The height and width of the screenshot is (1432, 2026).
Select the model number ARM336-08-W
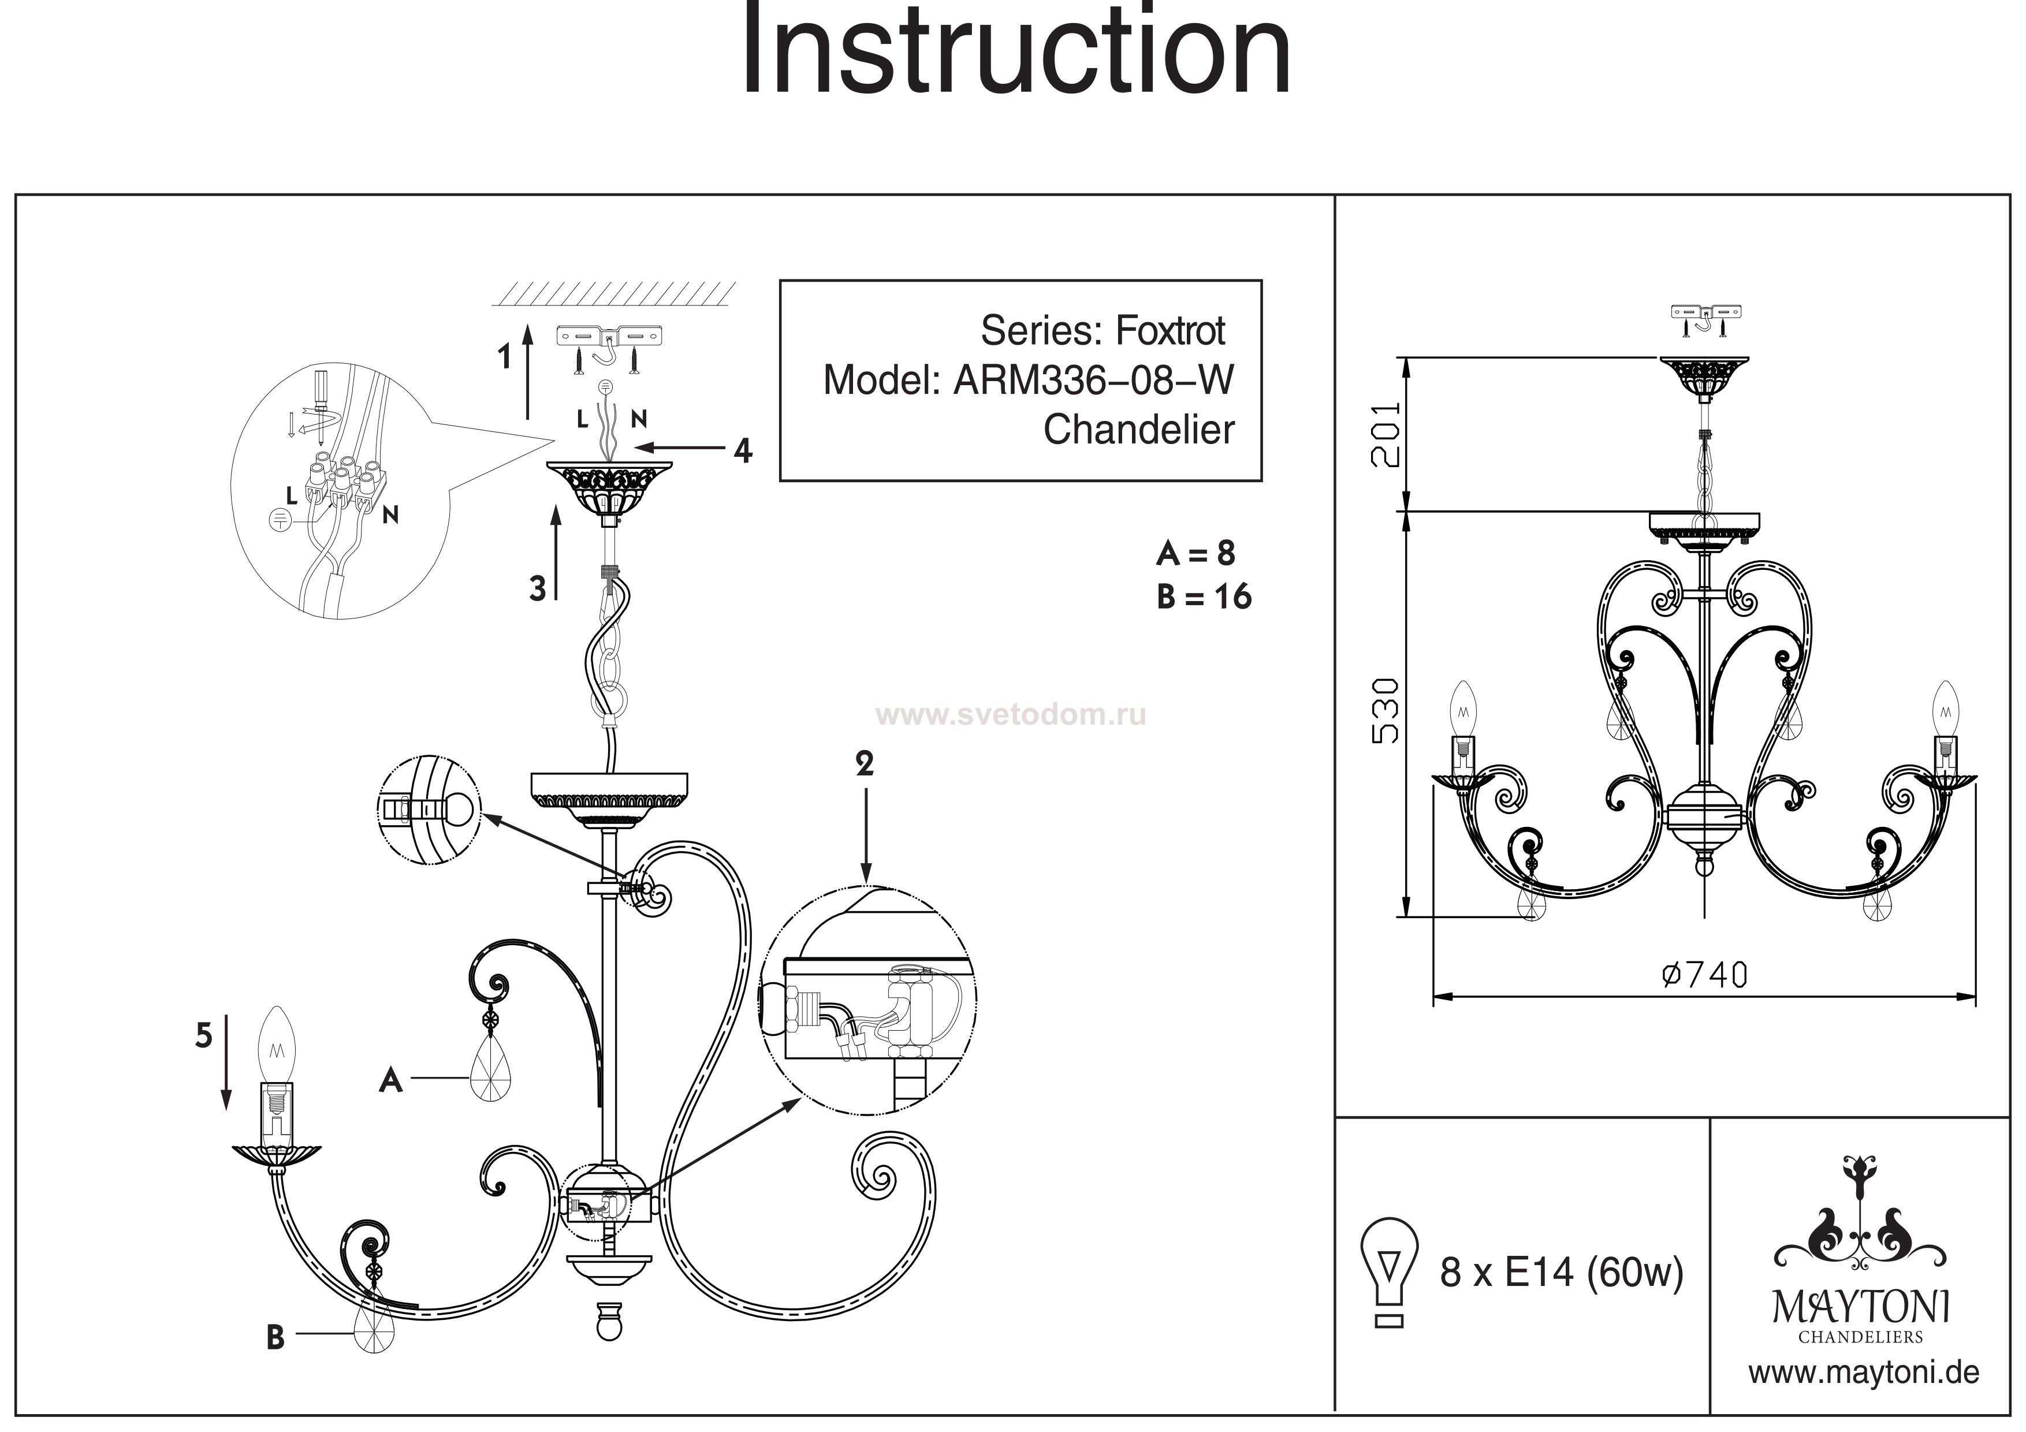click(x=1094, y=381)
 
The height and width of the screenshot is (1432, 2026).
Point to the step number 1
click(x=505, y=357)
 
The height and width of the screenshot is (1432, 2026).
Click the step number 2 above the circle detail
click(x=864, y=764)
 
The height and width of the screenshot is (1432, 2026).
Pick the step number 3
click(x=537, y=588)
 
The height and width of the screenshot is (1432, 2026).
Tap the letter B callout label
click(x=275, y=1338)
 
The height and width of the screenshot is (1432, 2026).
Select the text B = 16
click(x=1204, y=597)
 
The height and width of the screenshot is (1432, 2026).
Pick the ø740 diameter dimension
click(x=1703, y=975)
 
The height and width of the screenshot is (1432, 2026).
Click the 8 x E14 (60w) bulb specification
click(x=1561, y=1273)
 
